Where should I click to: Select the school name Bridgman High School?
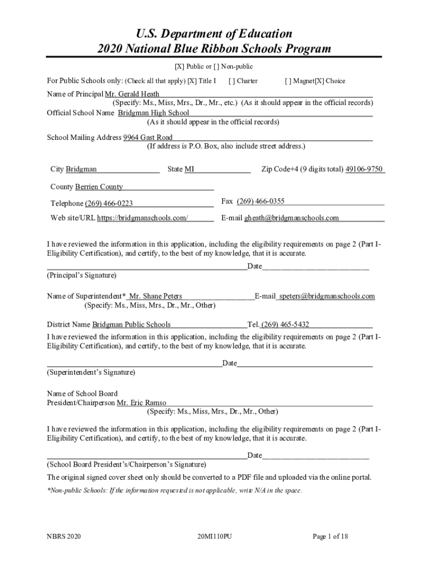pos(153,113)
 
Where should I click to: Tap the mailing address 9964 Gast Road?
pos(148,138)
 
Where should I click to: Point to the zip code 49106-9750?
pos(364,169)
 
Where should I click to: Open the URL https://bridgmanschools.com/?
pos(143,218)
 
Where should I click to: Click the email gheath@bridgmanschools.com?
pos(292,218)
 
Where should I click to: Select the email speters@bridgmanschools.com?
pos(327,296)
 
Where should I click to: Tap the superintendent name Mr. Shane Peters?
pos(155,296)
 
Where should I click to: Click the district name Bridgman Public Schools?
pos(131,324)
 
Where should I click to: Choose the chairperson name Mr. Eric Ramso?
pos(141,403)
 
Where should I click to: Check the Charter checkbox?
pos(231,81)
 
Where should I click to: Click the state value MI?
pos(189,169)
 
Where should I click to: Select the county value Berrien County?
pos(99,187)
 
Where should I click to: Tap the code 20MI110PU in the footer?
pos(214,536)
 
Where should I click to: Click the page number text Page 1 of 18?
pos(330,536)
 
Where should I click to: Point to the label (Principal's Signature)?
pos(81,275)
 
